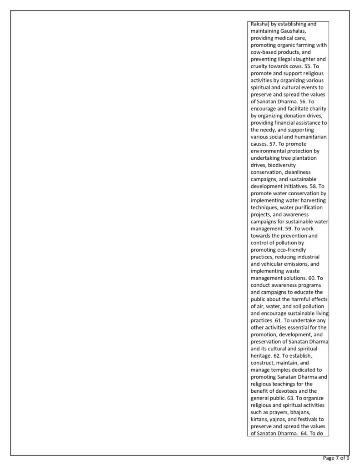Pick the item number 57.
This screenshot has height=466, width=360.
(274, 144)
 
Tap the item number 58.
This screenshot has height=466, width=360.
(310, 186)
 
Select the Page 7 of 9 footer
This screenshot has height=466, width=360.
(336, 458)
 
